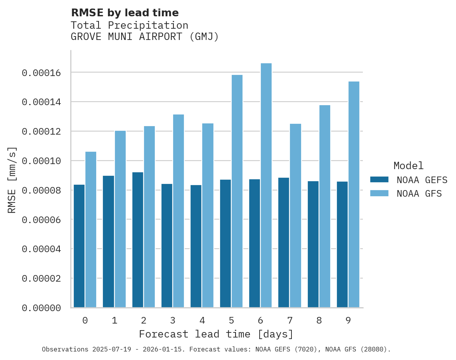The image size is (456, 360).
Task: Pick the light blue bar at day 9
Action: [x=354, y=194]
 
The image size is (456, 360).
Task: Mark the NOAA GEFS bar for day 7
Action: [x=284, y=242]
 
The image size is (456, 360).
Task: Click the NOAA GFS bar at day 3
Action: [x=179, y=211]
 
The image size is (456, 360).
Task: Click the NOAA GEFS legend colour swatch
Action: [x=379, y=179]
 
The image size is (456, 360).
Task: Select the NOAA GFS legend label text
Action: [x=419, y=193]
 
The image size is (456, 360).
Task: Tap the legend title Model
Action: [x=408, y=166]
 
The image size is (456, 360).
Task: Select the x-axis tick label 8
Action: [x=319, y=320]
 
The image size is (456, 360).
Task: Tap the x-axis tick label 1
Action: [x=114, y=320]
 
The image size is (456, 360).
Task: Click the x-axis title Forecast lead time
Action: [x=216, y=334]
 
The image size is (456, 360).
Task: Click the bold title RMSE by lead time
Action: [x=125, y=13]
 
